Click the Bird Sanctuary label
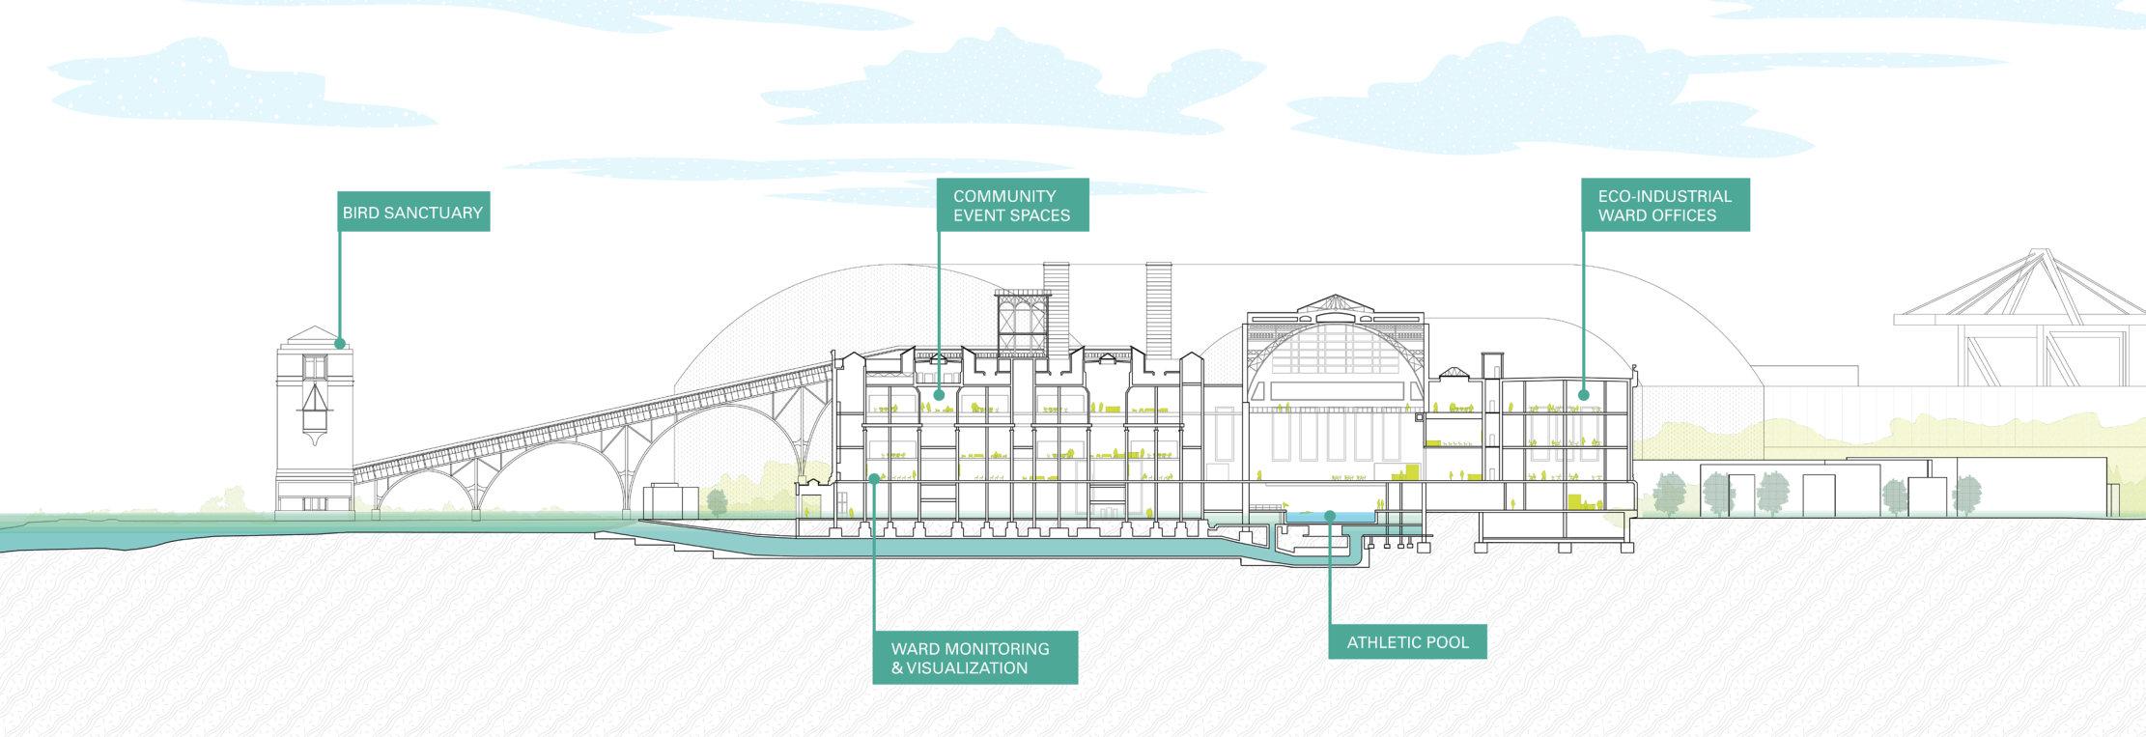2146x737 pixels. (x=412, y=212)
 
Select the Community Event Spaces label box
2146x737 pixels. (x=1012, y=205)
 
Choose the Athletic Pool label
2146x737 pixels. (x=1407, y=641)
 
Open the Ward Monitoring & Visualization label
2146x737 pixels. (x=974, y=657)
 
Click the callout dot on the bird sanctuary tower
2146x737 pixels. (x=339, y=343)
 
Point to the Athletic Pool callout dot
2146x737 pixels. (x=1330, y=515)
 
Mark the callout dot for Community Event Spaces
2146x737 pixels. (x=939, y=394)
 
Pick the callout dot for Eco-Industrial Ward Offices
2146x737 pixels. (x=1583, y=394)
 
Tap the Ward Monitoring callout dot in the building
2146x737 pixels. (x=874, y=477)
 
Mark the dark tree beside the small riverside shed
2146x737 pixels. (x=717, y=501)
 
